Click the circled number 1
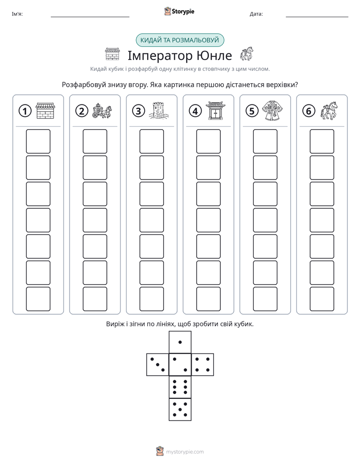(25, 111)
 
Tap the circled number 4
(195, 111)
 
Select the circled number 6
(309, 111)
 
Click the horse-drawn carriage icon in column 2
(102, 111)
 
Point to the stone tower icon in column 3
(159, 111)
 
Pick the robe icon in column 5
(272, 111)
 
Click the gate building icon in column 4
(216, 111)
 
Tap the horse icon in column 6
(329, 111)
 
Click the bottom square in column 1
(38, 299)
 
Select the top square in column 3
(151, 141)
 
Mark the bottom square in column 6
(322, 299)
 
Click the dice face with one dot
(180, 342)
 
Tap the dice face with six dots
(180, 387)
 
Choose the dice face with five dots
(180, 409)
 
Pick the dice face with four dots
(203, 365)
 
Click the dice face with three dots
(158, 365)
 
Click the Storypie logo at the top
(179, 11)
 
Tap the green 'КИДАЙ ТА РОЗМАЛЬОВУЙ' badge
(179, 40)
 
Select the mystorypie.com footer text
(185, 452)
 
